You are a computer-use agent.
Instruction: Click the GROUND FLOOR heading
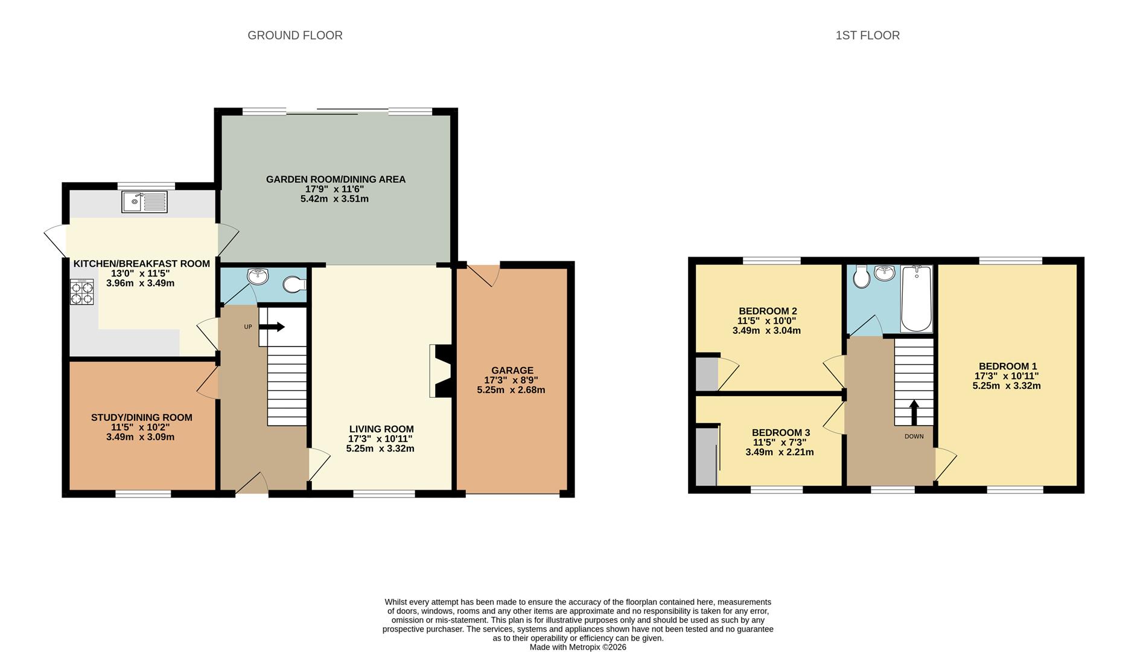pos(294,36)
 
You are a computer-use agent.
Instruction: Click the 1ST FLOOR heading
pos(867,36)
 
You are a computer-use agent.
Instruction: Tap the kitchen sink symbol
pos(145,202)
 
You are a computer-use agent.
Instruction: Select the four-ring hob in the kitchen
pos(82,292)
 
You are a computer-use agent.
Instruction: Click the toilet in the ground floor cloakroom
pos(294,284)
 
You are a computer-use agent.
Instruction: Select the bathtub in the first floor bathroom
pos(916,299)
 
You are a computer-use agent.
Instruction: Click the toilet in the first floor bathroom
pos(861,277)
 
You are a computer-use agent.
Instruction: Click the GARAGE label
pos(512,370)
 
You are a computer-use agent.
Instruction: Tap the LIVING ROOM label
pos(381,429)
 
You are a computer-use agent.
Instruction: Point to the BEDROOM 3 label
pos(780,432)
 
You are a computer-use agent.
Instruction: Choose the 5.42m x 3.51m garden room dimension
pos(334,199)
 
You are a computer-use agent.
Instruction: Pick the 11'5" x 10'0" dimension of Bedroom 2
pos(766,321)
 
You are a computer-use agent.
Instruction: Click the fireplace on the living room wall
pos(441,371)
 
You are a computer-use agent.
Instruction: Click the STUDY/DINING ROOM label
pos(141,417)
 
